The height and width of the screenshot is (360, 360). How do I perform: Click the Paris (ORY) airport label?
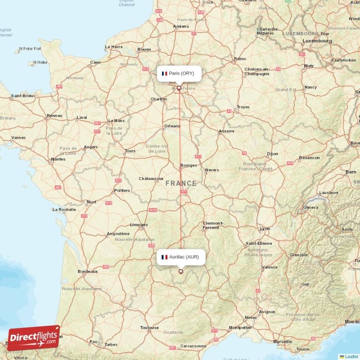[179, 73]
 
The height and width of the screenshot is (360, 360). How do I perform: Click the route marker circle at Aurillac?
[181, 271]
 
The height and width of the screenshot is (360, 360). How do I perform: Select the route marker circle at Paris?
[179, 88]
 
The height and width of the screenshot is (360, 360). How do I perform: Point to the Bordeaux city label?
[88, 271]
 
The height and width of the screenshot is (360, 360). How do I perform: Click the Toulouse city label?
[149, 328]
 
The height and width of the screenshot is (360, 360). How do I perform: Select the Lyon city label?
[265, 229]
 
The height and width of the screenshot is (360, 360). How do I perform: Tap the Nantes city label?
[58, 159]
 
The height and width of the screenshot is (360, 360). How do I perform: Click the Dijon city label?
[272, 154]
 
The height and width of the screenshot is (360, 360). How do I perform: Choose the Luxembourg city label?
[317, 40]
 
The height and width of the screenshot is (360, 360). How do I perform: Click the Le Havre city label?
[113, 47]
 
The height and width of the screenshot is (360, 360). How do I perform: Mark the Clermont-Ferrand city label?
[213, 225]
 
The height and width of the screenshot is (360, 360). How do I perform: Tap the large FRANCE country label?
[181, 183]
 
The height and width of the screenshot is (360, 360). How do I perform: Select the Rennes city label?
[54, 116]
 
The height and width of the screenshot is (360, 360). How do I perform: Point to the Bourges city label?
[189, 165]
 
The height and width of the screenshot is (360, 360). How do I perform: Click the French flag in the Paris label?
[164, 73]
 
